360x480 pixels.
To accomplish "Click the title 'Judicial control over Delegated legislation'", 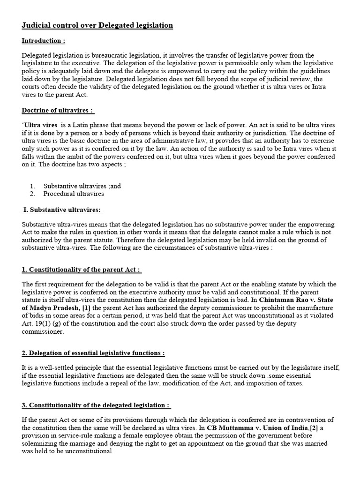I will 97,25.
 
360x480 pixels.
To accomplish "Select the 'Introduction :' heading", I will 44,41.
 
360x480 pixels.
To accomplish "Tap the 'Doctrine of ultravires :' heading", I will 58,111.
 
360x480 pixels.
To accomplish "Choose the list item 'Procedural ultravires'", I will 74,193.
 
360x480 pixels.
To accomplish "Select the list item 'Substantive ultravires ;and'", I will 82,186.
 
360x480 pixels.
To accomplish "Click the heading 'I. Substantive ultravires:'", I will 63,210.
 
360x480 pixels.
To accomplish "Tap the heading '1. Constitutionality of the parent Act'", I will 81,270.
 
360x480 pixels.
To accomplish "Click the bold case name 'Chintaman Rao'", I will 278,300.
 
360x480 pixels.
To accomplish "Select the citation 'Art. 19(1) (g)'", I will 42,323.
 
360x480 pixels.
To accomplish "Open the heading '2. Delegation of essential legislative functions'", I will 93,353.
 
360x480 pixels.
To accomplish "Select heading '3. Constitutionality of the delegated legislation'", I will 96,405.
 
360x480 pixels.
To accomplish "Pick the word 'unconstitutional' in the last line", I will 88,451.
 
